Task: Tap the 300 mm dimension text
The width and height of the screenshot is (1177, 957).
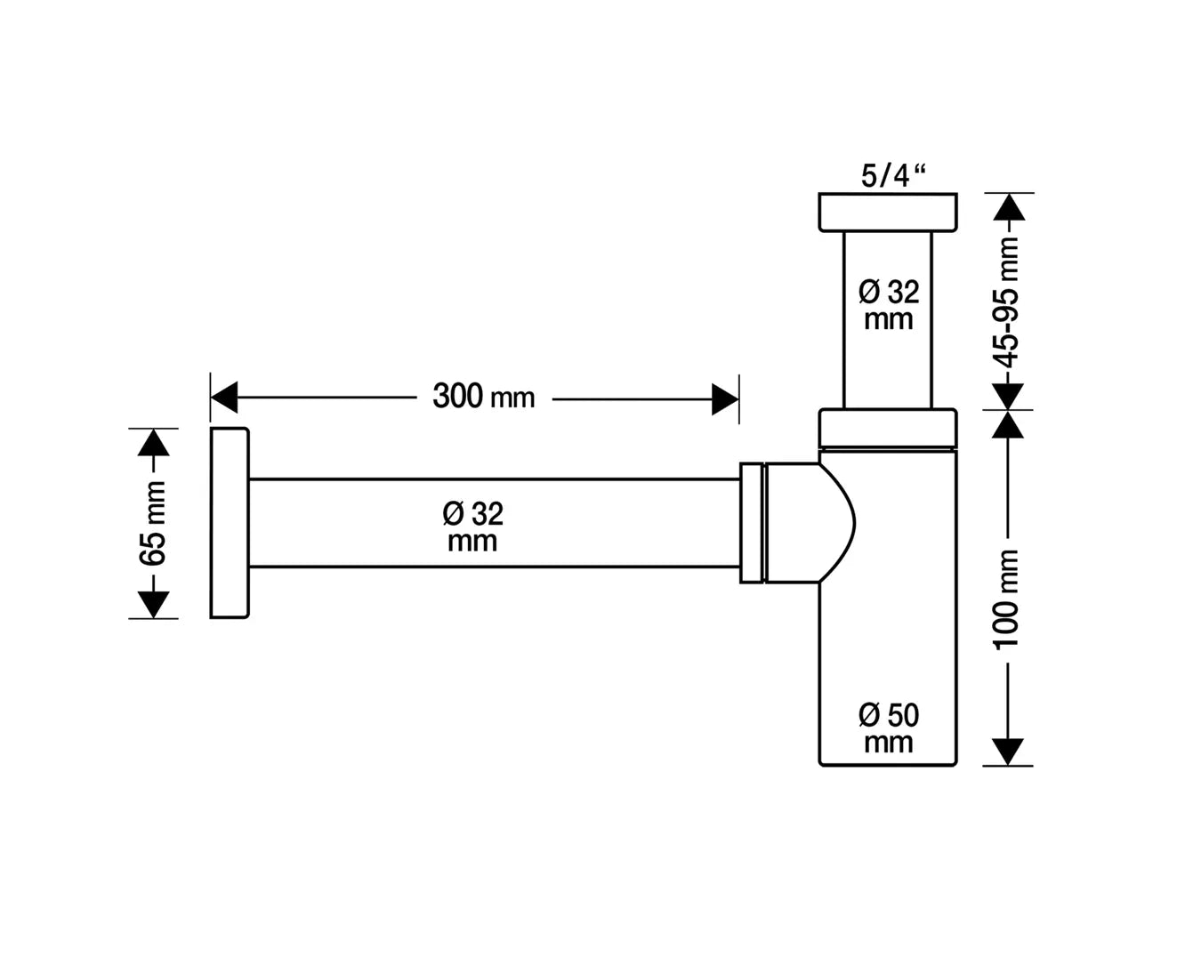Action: pyautogui.click(x=483, y=396)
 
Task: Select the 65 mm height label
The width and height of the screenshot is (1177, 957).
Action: pyautogui.click(x=153, y=523)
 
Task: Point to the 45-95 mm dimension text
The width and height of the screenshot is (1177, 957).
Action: pyautogui.click(x=1008, y=302)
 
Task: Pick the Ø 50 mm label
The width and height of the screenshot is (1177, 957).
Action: pyautogui.click(x=888, y=728)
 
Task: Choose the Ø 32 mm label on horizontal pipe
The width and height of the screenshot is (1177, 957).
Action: pyautogui.click(x=472, y=526)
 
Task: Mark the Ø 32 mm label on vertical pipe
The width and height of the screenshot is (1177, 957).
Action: pyautogui.click(x=889, y=304)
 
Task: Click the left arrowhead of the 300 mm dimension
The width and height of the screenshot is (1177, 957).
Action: pyautogui.click(x=224, y=398)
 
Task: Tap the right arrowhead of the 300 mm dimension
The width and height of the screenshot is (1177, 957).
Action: pyautogui.click(x=724, y=398)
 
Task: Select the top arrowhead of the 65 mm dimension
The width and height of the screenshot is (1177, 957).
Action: pyautogui.click(x=154, y=443)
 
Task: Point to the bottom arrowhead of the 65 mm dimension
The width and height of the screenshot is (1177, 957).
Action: pyautogui.click(x=154, y=604)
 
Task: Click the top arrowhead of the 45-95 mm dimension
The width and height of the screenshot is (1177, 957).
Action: pyautogui.click(x=1008, y=208)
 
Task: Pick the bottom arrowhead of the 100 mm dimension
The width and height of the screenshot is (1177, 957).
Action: pyautogui.click(x=1007, y=751)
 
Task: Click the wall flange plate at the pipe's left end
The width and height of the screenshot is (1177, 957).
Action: pyautogui.click(x=230, y=523)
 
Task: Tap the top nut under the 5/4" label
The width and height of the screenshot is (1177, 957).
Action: pyautogui.click(x=888, y=213)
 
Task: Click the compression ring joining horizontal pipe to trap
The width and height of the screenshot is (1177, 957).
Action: pyautogui.click(x=752, y=523)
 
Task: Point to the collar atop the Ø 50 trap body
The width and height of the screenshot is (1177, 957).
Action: pyautogui.click(x=888, y=428)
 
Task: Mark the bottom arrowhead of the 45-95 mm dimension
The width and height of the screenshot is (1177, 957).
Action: pyautogui.click(x=1008, y=395)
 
